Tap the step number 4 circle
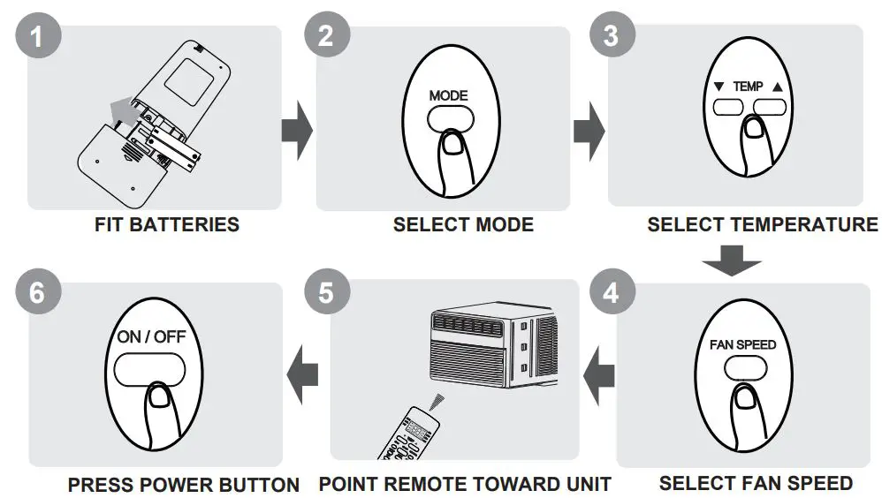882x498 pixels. [x=611, y=292]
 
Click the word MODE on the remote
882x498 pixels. [x=449, y=95]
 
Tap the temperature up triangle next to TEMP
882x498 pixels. [x=778, y=87]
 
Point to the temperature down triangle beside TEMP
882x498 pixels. [x=719, y=87]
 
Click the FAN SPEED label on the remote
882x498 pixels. [x=742, y=344]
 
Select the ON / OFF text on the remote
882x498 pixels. [x=148, y=337]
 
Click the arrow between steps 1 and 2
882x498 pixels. [x=297, y=132]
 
